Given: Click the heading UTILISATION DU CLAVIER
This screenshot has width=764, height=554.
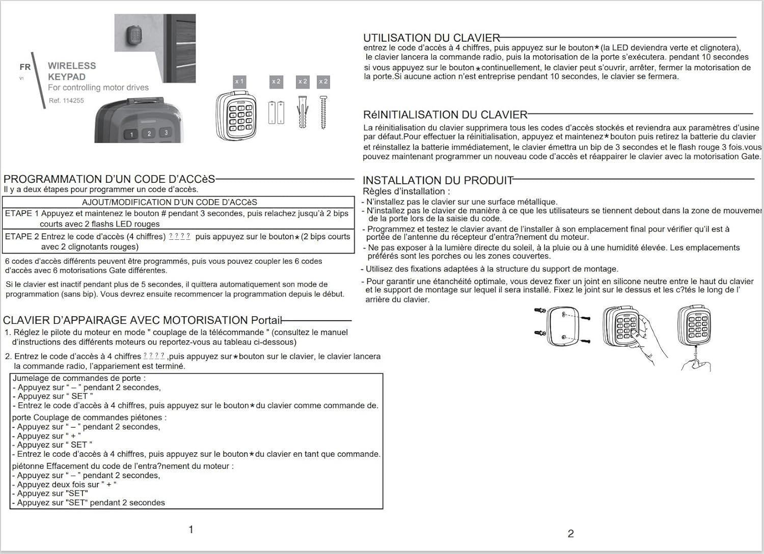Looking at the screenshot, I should (x=431, y=38).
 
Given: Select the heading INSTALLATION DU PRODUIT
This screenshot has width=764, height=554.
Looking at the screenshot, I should (x=438, y=180).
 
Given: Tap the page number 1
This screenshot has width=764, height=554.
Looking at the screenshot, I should (x=191, y=530).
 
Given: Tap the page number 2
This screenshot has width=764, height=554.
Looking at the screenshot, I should (x=570, y=534).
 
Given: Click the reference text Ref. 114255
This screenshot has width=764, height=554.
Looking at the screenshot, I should (x=66, y=101).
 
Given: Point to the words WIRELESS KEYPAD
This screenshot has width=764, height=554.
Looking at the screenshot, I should (x=71, y=71).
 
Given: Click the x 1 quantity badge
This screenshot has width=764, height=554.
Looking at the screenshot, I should (x=239, y=81).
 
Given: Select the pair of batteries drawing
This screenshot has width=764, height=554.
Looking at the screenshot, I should (x=276, y=112).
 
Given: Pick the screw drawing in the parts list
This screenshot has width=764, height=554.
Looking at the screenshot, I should (x=323, y=112).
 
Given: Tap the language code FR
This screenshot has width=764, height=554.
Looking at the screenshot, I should (x=25, y=67).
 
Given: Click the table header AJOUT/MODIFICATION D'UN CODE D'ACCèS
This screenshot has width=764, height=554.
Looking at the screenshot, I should (x=170, y=202).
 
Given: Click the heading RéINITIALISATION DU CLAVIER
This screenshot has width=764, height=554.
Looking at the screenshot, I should (x=445, y=115).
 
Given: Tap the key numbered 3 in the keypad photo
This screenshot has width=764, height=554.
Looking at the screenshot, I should (x=166, y=133).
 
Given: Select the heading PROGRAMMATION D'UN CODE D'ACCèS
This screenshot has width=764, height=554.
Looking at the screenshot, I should (x=109, y=179).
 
